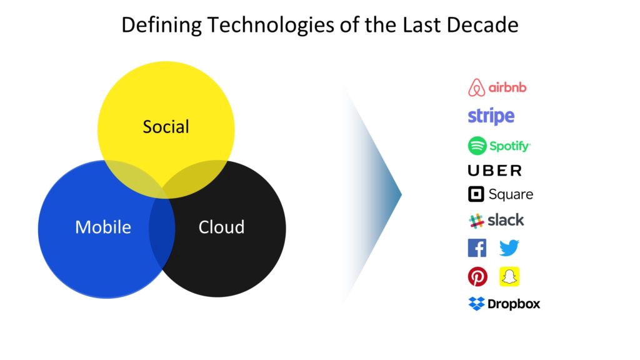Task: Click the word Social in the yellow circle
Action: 166,126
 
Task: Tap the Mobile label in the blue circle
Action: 103,227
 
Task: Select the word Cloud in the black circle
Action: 221,227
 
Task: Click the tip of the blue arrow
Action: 402,195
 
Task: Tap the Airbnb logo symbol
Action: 476,87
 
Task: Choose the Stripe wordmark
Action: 491,116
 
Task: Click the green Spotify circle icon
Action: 477,146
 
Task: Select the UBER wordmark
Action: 495,171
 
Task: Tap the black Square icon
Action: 476,194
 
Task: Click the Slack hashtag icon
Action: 476,221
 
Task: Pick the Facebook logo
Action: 477,248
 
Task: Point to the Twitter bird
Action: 509,247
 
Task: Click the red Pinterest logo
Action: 477,277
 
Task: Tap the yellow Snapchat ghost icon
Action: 509,277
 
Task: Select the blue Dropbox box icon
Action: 476,304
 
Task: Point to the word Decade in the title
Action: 482,24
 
